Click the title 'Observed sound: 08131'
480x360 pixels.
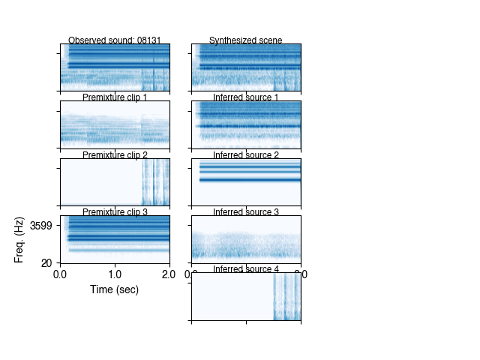[x=115, y=40]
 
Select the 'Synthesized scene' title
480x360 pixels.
[x=245, y=40]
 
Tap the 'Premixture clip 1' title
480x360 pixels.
[x=115, y=97]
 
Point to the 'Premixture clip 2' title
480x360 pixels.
[x=115, y=155]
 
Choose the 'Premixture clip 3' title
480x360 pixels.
[x=115, y=212]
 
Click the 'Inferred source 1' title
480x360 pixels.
[x=245, y=97]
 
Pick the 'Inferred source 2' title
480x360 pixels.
[x=245, y=155]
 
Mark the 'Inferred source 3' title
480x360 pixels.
[x=245, y=212]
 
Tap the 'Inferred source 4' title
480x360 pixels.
[x=245, y=269]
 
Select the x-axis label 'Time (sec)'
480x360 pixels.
[x=115, y=289]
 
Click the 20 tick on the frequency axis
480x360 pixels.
[x=46, y=263]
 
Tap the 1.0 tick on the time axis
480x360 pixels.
[x=115, y=274]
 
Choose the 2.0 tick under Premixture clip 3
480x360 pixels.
[x=169, y=274]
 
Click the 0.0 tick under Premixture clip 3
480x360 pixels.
[x=61, y=274]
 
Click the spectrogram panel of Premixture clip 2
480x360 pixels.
[x=115, y=181]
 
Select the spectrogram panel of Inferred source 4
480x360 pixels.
[x=246, y=296]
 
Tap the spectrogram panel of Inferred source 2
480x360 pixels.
[x=246, y=181]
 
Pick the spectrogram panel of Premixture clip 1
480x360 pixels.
[x=115, y=124]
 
